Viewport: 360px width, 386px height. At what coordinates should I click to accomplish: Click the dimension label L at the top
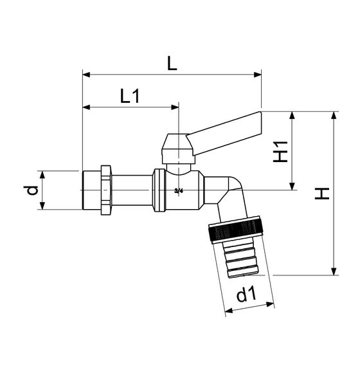[172, 64]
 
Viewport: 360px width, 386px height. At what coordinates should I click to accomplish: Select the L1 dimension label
[130, 96]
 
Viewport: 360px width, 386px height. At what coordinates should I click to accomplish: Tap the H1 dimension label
[280, 152]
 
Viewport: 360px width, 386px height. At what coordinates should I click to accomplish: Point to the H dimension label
[322, 194]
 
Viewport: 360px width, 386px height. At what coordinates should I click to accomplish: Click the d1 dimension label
[246, 294]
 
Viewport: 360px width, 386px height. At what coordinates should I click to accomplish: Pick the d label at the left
[31, 190]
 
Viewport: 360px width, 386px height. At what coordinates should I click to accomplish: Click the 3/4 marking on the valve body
[179, 190]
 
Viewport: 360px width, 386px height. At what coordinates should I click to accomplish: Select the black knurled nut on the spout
[237, 230]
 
